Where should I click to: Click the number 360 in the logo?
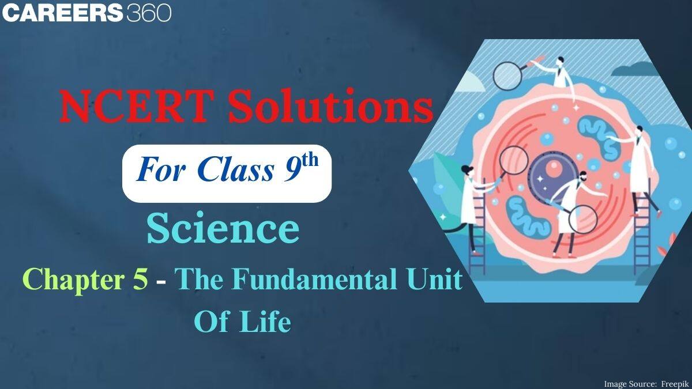tap(148, 12)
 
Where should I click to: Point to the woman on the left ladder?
tap(470, 202)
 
